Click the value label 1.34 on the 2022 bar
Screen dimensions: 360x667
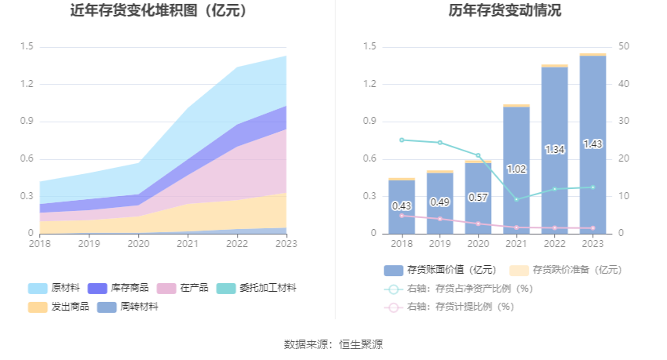click(x=554, y=149)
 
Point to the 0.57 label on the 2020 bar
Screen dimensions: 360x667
click(x=478, y=198)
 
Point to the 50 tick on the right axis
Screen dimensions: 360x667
click(x=623, y=46)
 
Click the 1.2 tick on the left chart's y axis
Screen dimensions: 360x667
click(x=27, y=84)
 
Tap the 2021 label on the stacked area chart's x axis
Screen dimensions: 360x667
click(x=188, y=244)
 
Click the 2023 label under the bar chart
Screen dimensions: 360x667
click(x=592, y=244)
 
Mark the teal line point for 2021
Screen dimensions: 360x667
click(x=516, y=199)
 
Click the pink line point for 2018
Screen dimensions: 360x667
click(x=402, y=215)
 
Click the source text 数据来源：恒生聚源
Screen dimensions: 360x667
click(x=333, y=344)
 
